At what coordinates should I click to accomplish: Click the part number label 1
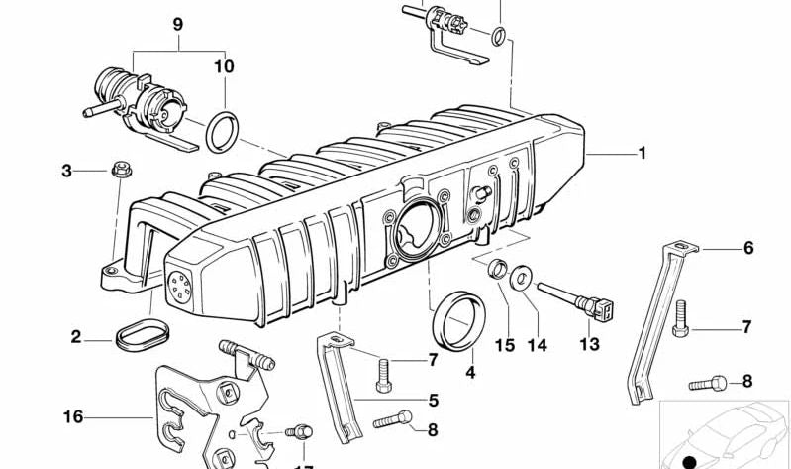pos(642,153)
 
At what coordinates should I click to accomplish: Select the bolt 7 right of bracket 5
pos(384,375)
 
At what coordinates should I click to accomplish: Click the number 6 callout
pos(748,248)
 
